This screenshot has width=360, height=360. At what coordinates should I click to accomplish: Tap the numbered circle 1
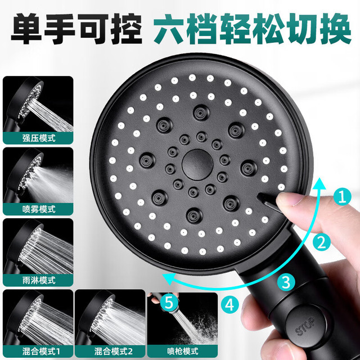coord(343,197)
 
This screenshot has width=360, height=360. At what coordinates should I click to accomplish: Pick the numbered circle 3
coord(286,282)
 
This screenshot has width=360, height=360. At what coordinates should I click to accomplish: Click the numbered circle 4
coord(230,305)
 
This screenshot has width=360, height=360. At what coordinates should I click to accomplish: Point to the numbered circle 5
coord(169,303)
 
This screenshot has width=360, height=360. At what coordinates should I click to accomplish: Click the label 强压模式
coord(39,138)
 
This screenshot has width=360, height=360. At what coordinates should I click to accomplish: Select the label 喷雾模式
coord(39,209)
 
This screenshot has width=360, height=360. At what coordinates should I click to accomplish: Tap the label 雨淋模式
coord(39,280)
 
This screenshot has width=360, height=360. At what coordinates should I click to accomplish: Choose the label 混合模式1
coord(41,351)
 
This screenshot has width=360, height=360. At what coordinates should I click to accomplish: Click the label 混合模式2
coord(114,351)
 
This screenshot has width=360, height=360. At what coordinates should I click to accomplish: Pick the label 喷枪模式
coord(183,351)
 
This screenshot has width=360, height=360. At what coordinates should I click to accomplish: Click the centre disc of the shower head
coord(197,164)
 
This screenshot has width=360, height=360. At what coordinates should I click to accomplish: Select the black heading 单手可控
coord(76,29)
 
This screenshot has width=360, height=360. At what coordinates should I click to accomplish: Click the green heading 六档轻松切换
coord(253,29)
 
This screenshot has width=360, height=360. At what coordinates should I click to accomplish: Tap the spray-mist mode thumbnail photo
coord(38,181)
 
